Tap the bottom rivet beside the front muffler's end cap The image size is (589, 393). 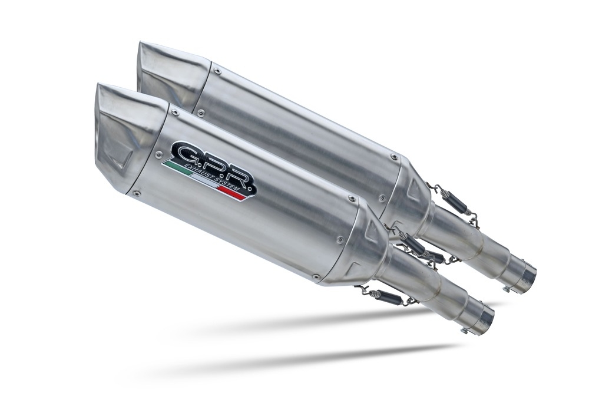tap(137, 192)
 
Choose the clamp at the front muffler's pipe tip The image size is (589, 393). tap(485, 318)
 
